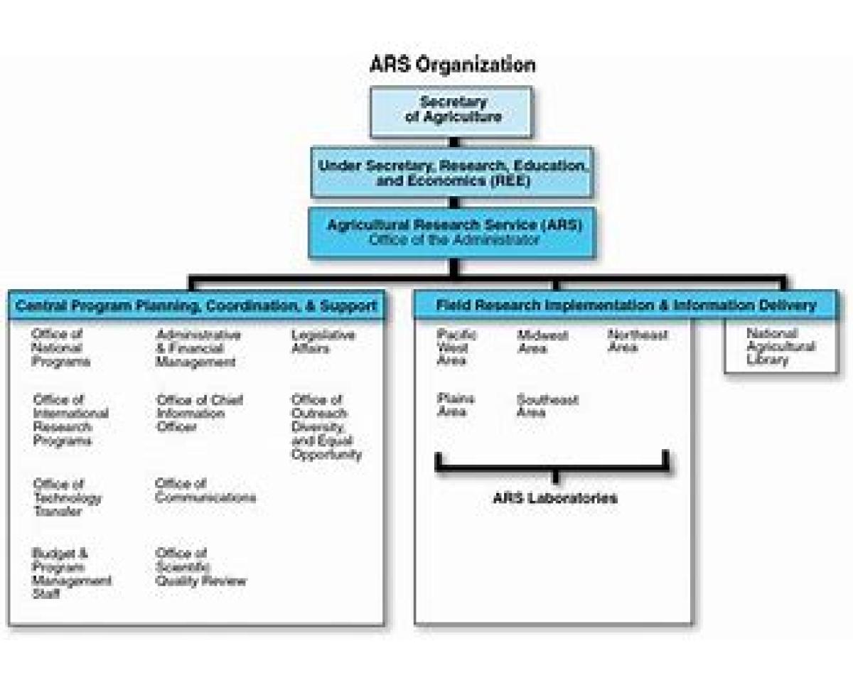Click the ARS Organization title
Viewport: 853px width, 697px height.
pyautogui.click(x=452, y=65)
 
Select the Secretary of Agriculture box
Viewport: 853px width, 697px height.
pyautogui.click(x=451, y=111)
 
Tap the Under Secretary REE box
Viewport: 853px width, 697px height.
pyautogui.click(x=452, y=173)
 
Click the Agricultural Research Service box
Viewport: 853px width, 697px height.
pyautogui.click(x=452, y=232)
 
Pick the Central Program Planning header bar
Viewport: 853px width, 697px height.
pyautogui.click(x=196, y=306)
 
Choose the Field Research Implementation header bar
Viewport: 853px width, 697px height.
pyautogui.click(x=626, y=306)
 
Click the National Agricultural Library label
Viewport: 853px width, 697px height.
pyautogui.click(x=780, y=346)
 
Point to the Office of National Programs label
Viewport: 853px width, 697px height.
pyautogui.click(x=60, y=347)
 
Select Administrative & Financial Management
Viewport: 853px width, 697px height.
pyautogui.click(x=197, y=348)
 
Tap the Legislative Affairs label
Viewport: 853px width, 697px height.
pyautogui.click(x=322, y=341)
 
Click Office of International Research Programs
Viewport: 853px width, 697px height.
pyautogui.click(x=70, y=420)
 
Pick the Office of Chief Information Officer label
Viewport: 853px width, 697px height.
pyautogui.click(x=198, y=414)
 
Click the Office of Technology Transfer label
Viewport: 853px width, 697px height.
pyautogui.click(x=67, y=497)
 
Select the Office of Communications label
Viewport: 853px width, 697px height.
pyautogui.click(x=205, y=491)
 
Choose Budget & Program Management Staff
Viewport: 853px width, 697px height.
pyautogui.click(x=71, y=573)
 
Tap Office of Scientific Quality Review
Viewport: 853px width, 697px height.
pyautogui.click(x=200, y=567)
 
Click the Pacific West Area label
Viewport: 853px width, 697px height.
pyautogui.click(x=456, y=347)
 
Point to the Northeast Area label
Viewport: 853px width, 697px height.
pyautogui.click(x=637, y=341)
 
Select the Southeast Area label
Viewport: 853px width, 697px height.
pyautogui.click(x=547, y=406)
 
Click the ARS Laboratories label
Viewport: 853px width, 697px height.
pyautogui.click(x=554, y=498)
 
